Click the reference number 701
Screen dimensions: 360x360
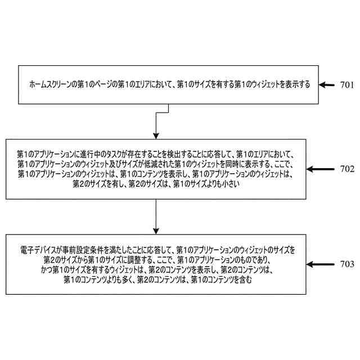coord(346,85)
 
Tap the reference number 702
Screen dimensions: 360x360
coord(346,169)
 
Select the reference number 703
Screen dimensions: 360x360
coord(346,264)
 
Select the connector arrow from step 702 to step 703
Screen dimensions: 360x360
coord(155,216)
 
